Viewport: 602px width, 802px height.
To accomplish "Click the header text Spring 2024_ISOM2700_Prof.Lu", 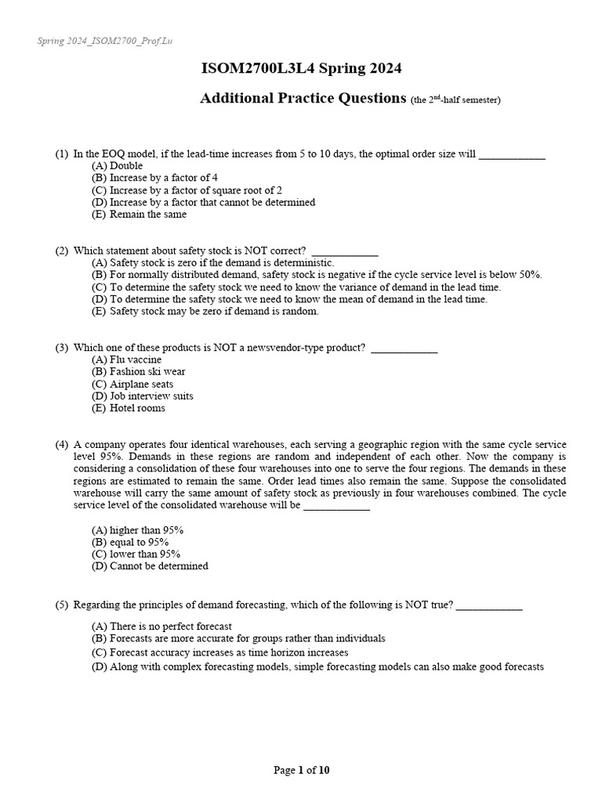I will pos(103,41).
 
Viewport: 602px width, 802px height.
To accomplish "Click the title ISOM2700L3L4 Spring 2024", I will pos(301,69).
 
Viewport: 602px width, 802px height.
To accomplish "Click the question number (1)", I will pos(61,154).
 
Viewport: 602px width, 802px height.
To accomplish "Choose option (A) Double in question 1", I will pos(118,166).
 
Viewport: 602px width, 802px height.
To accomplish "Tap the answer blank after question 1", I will pos(511,154).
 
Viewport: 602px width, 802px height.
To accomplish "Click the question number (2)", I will pos(61,251).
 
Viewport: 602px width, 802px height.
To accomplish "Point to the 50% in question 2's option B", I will pos(529,275).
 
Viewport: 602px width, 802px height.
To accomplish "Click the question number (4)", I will pos(61,445).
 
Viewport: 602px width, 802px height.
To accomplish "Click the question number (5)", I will pos(61,605).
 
